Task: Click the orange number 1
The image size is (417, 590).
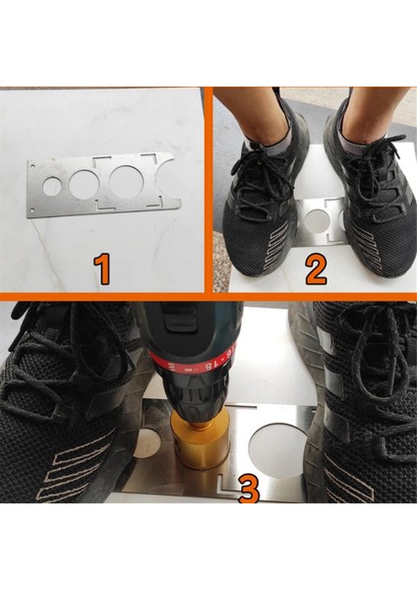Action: [101, 268]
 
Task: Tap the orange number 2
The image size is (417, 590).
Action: [316, 268]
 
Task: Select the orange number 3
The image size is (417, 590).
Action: [249, 489]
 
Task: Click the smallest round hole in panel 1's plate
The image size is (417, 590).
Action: [51, 185]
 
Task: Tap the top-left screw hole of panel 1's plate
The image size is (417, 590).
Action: [33, 165]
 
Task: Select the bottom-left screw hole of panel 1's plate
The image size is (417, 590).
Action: [31, 210]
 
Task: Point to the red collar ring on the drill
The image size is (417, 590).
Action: [188, 362]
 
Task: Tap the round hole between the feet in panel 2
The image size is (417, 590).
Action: [317, 221]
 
